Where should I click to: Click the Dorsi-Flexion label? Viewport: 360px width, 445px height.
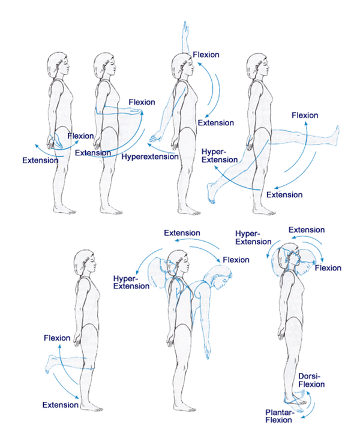point(311,380)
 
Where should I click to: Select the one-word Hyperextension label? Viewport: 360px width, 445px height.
point(150,157)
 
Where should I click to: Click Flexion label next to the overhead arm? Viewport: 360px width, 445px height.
point(206,55)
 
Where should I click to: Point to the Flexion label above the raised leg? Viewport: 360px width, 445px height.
point(305,115)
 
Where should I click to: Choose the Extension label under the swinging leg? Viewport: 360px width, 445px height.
point(284,194)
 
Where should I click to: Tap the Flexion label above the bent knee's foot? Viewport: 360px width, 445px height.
point(58,338)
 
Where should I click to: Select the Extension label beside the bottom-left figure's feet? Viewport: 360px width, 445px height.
point(60,405)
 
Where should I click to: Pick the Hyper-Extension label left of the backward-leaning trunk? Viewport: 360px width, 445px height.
point(131,282)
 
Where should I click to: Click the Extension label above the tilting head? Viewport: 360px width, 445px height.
point(307,230)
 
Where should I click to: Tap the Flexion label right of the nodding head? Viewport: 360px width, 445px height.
point(328,268)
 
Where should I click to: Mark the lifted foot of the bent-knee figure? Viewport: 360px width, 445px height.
point(50,363)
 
